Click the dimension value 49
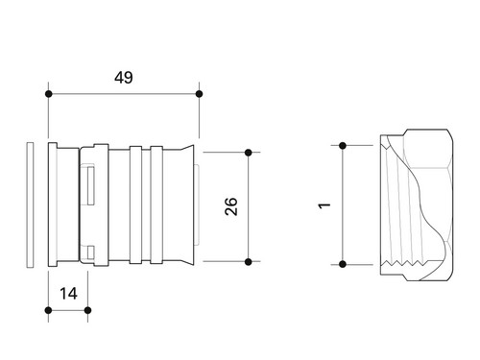click(x=124, y=78)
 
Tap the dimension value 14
click(x=68, y=294)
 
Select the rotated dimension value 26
click(x=231, y=206)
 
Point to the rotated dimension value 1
click(x=324, y=205)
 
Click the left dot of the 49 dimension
click(x=49, y=94)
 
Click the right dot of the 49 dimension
click(x=199, y=94)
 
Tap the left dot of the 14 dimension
click(x=49, y=310)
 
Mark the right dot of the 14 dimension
click(x=87, y=310)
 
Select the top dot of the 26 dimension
click(x=249, y=153)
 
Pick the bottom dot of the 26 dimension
click(x=249, y=262)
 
